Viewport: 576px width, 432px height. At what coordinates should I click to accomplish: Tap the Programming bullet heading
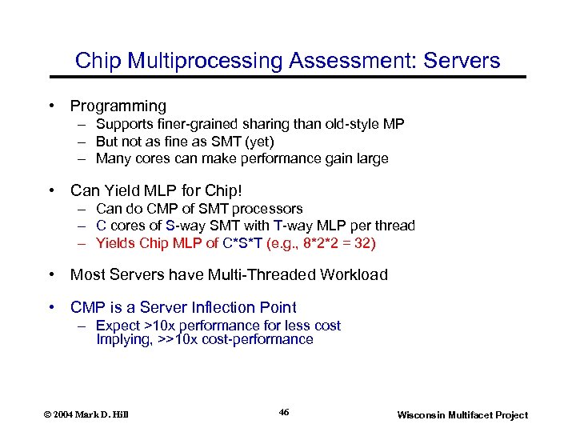(118, 106)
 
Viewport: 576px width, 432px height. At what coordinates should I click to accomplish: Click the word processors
(266, 209)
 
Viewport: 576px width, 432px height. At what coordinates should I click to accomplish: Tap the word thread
(394, 226)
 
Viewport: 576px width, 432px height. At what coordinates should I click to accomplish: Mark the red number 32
(366, 243)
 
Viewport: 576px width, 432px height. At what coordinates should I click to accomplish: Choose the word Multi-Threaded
(262, 274)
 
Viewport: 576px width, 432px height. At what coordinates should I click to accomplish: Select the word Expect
(117, 326)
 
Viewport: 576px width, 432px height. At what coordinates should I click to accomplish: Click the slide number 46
(284, 412)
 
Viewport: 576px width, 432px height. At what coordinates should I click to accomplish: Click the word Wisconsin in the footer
(426, 414)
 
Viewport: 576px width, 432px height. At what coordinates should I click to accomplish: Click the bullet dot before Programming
(51, 106)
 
